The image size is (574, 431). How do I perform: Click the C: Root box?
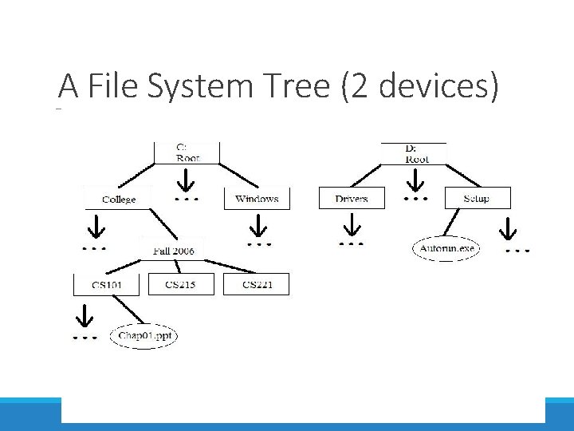(x=187, y=152)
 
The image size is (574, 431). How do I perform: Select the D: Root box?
(x=415, y=153)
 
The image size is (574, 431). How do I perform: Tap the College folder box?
(x=119, y=199)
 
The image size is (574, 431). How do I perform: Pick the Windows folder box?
(x=257, y=199)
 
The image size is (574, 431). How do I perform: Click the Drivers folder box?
(x=352, y=199)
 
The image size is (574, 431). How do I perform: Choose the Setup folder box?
(x=476, y=199)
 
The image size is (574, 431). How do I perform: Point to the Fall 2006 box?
(x=173, y=251)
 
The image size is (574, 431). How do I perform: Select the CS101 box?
(x=106, y=285)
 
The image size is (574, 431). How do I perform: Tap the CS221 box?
(x=256, y=285)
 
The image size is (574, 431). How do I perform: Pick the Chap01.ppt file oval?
(x=144, y=336)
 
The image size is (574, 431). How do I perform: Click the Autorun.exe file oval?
(x=446, y=249)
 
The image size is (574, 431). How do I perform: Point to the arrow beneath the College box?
(x=95, y=227)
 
